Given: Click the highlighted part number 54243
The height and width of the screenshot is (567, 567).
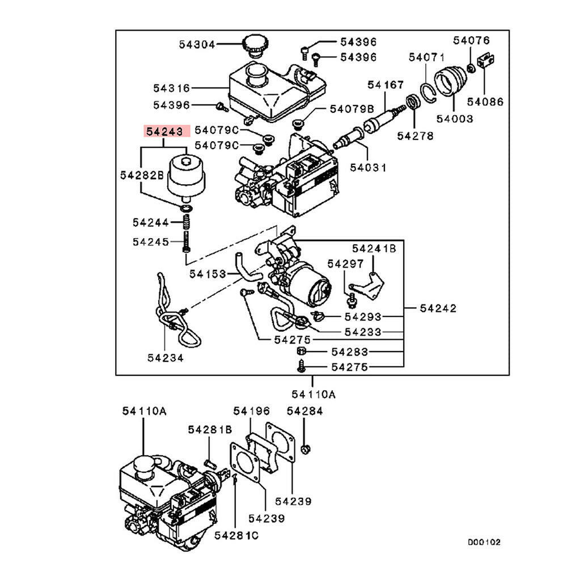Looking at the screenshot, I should (164, 132).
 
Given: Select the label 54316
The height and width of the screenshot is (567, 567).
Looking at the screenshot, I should (171, 88).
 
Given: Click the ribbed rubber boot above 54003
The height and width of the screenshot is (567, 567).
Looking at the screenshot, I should (451, 84).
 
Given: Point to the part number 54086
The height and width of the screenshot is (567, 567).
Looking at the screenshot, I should (485, 102).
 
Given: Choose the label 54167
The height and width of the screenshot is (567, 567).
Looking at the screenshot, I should (385, 85).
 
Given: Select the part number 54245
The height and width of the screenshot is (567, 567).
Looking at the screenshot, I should (151, 242).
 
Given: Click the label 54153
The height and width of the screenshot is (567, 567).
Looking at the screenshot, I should (208, 274).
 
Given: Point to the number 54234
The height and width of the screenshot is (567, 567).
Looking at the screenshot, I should (165, 358).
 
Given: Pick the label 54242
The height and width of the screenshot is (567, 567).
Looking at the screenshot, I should (438, 308).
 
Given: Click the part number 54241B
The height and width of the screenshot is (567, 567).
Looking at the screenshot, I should (374, 248).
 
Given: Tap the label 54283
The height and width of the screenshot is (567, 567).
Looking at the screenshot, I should (350, 352).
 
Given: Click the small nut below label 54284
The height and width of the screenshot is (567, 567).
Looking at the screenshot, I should (304, 450).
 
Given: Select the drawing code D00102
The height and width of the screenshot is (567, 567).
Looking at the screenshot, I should (484, 543).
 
